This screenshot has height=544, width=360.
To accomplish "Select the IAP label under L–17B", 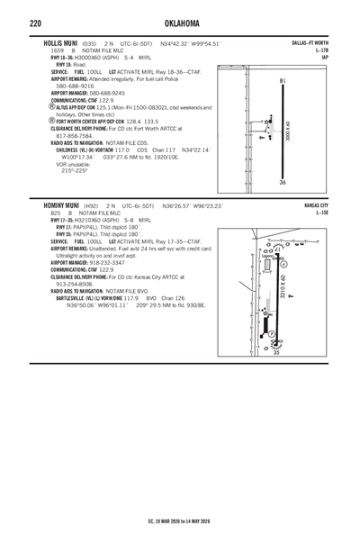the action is [325, 57].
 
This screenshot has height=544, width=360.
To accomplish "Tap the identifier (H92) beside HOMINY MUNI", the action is [90, 206].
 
